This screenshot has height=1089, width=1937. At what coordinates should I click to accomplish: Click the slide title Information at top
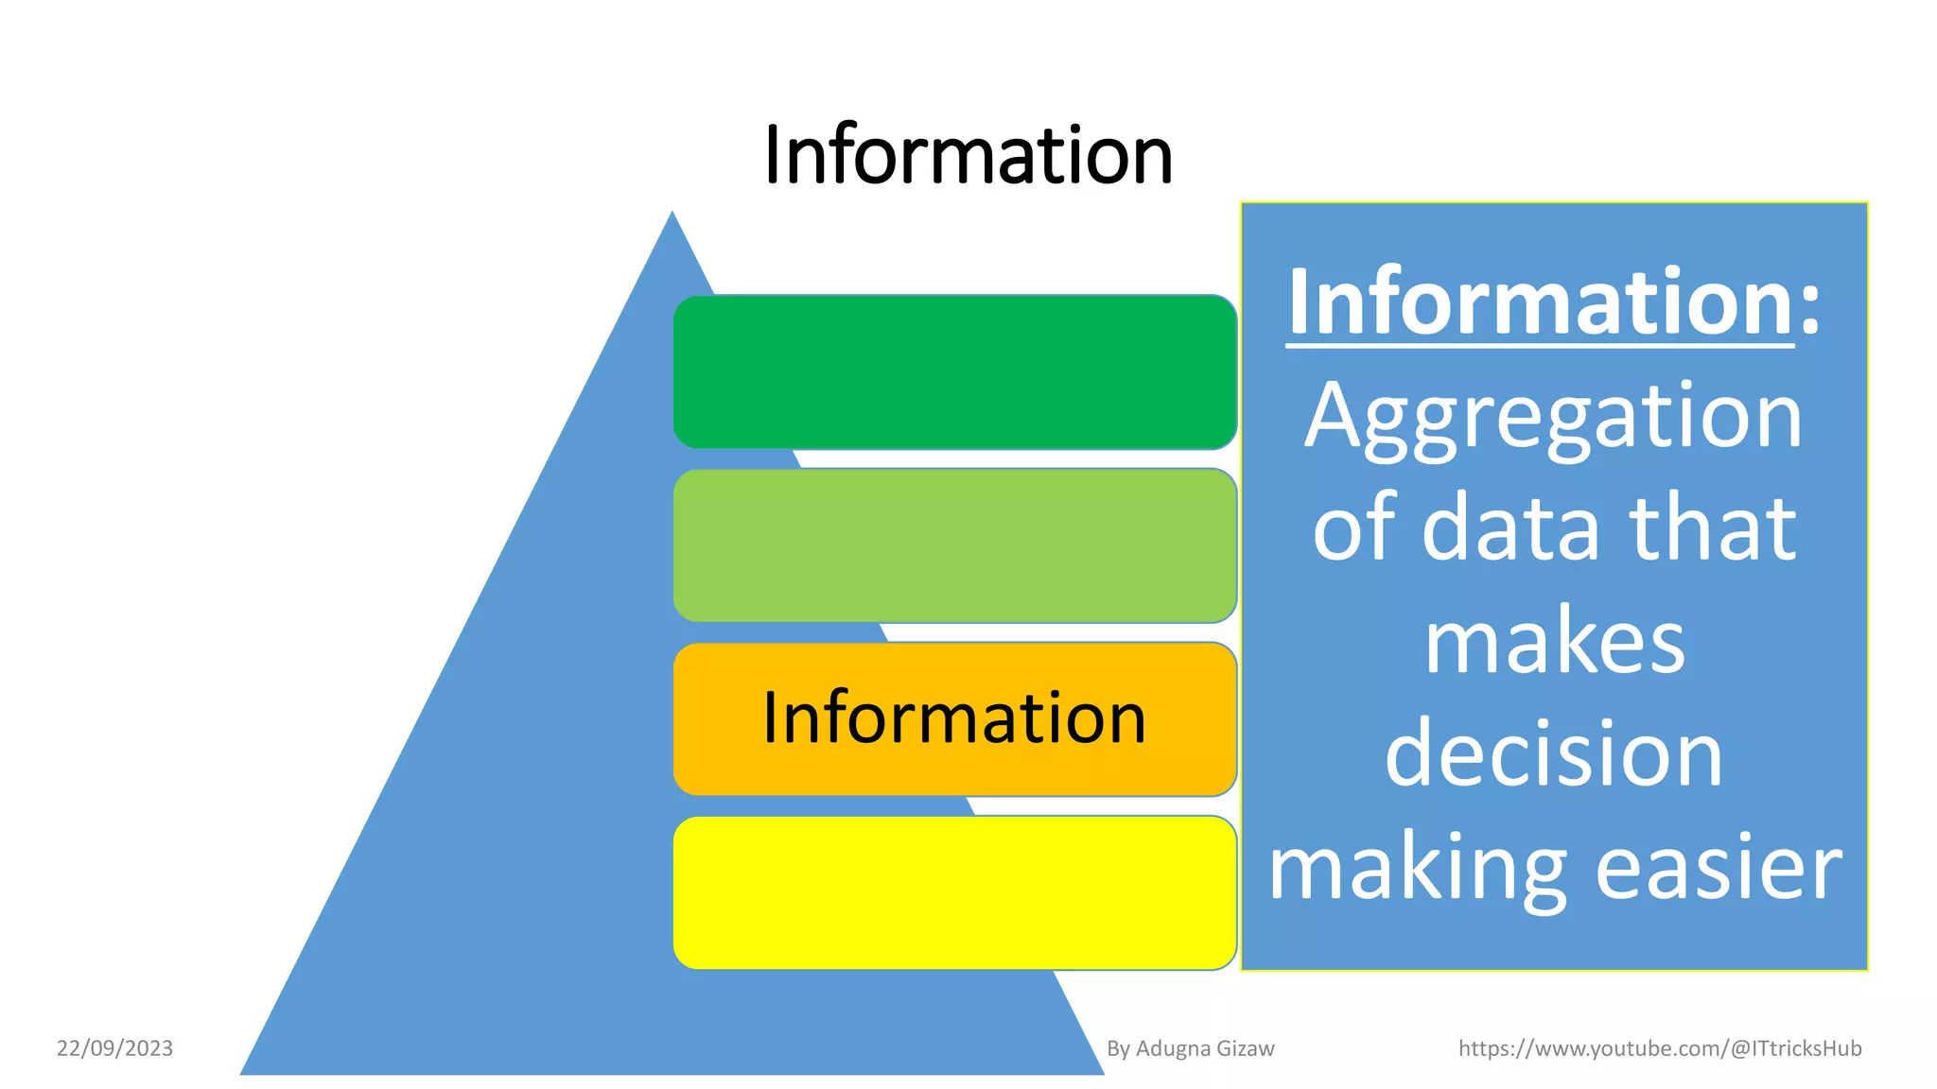click(x=968, y=155)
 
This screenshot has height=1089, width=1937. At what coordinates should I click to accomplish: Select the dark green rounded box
click(x=954, y=372)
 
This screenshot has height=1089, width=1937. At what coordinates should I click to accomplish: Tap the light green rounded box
click(x=954, y=545)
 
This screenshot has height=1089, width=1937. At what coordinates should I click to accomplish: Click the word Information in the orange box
click(x=954, y=718)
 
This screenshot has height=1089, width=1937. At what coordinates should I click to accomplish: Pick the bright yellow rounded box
click(x=954, y=892)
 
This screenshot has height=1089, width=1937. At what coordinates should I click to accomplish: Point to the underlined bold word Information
click(x=1540, y=302)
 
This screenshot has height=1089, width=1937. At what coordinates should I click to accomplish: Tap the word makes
click(x=1554, y=643)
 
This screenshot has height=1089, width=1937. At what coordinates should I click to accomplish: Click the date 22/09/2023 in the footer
click(x=114, y=1048)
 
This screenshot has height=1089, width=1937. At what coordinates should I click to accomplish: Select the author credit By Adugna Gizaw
click(x=1190, y=1048)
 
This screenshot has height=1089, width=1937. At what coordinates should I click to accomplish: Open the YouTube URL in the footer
click(x=1660, y=1048)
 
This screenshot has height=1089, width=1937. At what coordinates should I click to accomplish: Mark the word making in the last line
click(x=1417, y=870)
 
